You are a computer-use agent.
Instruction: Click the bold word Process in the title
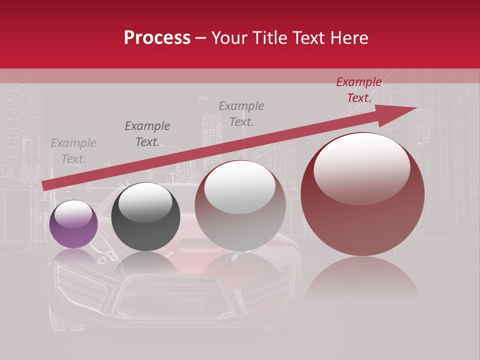pyautogui.click(x=157, y=38)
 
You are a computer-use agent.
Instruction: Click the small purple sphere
pyautogui.click(x=73, y=224)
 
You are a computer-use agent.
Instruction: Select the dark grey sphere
pyautogui.click(x=145, y=217)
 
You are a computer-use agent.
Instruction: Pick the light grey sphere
pyautogui.click(x=240, y=206)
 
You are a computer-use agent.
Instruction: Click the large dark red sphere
pyautogui.click(x=362, y=195)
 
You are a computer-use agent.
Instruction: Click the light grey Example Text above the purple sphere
pyautogui.click(x=73, y=151)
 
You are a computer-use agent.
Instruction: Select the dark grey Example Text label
pyautogui.click(x=147, y=134)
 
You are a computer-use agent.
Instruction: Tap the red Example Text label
pyautogui.click(x=359, y=90)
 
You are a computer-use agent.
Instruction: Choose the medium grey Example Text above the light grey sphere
pyautogui.click(x=241, y=113)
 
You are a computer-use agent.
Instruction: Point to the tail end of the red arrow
pyautogui.click(x=44, y=186)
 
